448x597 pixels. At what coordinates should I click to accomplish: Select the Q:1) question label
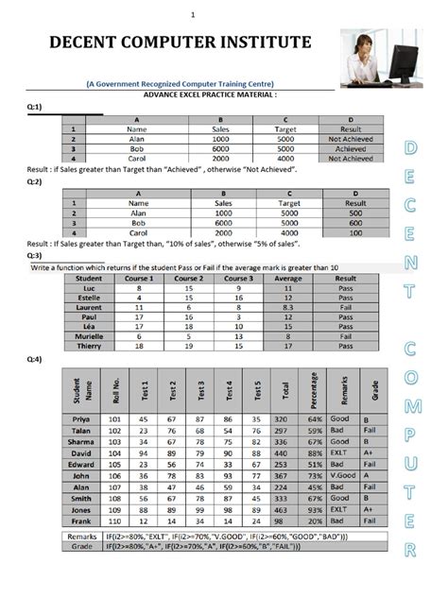[x=36, y=108]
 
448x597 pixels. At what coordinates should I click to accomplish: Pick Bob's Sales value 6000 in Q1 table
[x=222, y=148]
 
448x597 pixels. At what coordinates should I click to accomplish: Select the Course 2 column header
[x=189, y=279]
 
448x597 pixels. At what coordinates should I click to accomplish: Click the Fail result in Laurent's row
[x=346, y=307]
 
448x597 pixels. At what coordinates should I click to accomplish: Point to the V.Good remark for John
[x=342, y=477]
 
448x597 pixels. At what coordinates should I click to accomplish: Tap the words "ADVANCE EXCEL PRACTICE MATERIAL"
[x=209, y=95]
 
